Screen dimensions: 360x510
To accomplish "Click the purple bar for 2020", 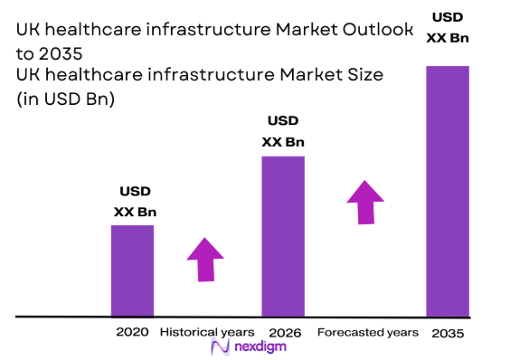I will point(132,270).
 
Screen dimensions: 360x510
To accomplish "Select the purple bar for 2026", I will point(283,236).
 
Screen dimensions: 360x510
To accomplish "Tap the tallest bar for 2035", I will point(448,191).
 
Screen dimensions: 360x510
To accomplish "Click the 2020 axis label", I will point(132,332).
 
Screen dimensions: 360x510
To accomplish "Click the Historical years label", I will point(208,332).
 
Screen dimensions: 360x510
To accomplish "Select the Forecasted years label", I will point(368,332).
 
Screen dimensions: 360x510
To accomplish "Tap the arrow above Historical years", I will point(206,261).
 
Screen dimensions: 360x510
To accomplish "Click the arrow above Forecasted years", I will point(365,202).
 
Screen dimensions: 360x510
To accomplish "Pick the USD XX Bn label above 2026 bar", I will point(283,131).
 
